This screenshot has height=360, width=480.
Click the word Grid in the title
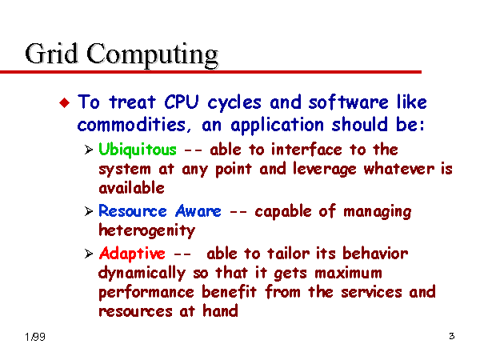[51, 54]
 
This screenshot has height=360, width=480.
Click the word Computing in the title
[153, 55]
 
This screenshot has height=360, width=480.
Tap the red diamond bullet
[65, 102]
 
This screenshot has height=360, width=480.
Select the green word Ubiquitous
[138, 150]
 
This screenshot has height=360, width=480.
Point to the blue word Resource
[133, 211]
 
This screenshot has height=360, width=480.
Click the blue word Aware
[198, 211]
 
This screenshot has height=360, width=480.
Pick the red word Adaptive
[132, 254]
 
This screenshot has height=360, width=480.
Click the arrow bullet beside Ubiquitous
[89, 150]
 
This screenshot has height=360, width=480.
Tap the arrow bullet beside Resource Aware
[89, 211]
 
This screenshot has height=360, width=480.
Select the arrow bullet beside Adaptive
[89, 254]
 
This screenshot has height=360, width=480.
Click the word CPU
[182, 102]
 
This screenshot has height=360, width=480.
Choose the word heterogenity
[147, 231]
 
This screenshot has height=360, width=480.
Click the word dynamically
[142, 274]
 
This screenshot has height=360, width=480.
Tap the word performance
[146, 293]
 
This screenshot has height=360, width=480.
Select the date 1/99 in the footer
[35, 337]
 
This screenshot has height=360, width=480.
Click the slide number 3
[452, 336]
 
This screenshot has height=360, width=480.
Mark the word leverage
[325, 170]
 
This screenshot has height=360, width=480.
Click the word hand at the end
[221, 311]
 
